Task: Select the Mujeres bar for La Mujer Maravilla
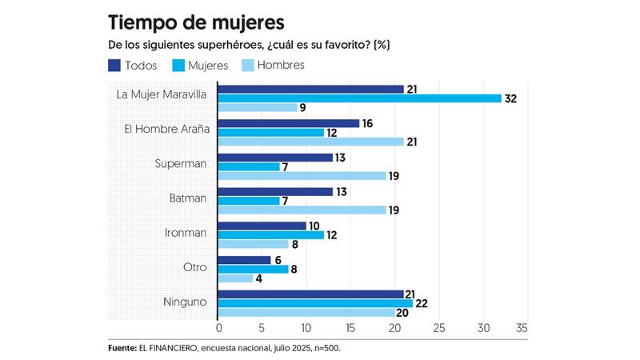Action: click(x=359, y=98)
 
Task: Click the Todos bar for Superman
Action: click(x=275, y=158)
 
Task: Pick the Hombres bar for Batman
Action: click(x=302, y=210)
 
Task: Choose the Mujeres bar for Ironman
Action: click(x=271, y=235)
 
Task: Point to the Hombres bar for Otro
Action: click(x=236, y=278)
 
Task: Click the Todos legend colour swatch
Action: click(x=115, y=66)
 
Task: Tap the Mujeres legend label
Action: click(x=207, y=66)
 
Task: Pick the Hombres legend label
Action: click(x=279, y=66)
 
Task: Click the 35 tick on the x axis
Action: click(x=522, y=329)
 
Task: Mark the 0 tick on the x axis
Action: click(x=219, y=329)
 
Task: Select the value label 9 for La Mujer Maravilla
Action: click(x=303, y=108)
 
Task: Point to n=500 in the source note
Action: click(x=331, y=349)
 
